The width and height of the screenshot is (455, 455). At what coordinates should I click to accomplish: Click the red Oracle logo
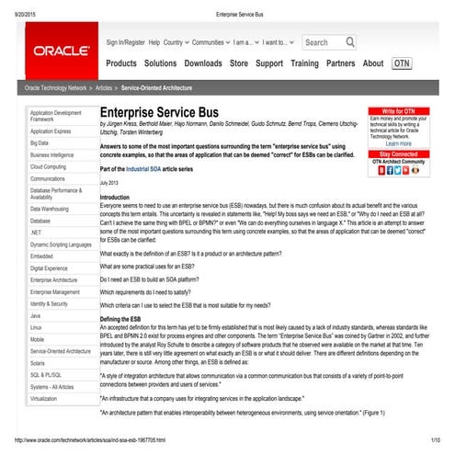click(60, 50)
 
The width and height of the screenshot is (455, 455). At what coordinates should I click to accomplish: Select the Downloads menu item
click(202, 63)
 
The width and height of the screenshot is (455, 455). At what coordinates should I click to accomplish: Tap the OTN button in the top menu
click(402, 63)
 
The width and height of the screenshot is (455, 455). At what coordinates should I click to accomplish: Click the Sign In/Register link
click(125, 42)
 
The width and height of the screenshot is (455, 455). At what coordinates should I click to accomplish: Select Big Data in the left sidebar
click(40, 143)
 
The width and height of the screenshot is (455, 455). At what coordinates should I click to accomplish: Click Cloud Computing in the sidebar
click(48, 167)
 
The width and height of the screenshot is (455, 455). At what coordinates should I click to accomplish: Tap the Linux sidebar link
click(36, 327)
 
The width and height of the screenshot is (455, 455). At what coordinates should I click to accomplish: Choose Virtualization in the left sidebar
click(44, 399)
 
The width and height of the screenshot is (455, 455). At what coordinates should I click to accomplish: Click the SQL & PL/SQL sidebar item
click(46, 375)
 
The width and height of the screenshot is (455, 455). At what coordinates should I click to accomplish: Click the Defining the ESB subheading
click(126, 316)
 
